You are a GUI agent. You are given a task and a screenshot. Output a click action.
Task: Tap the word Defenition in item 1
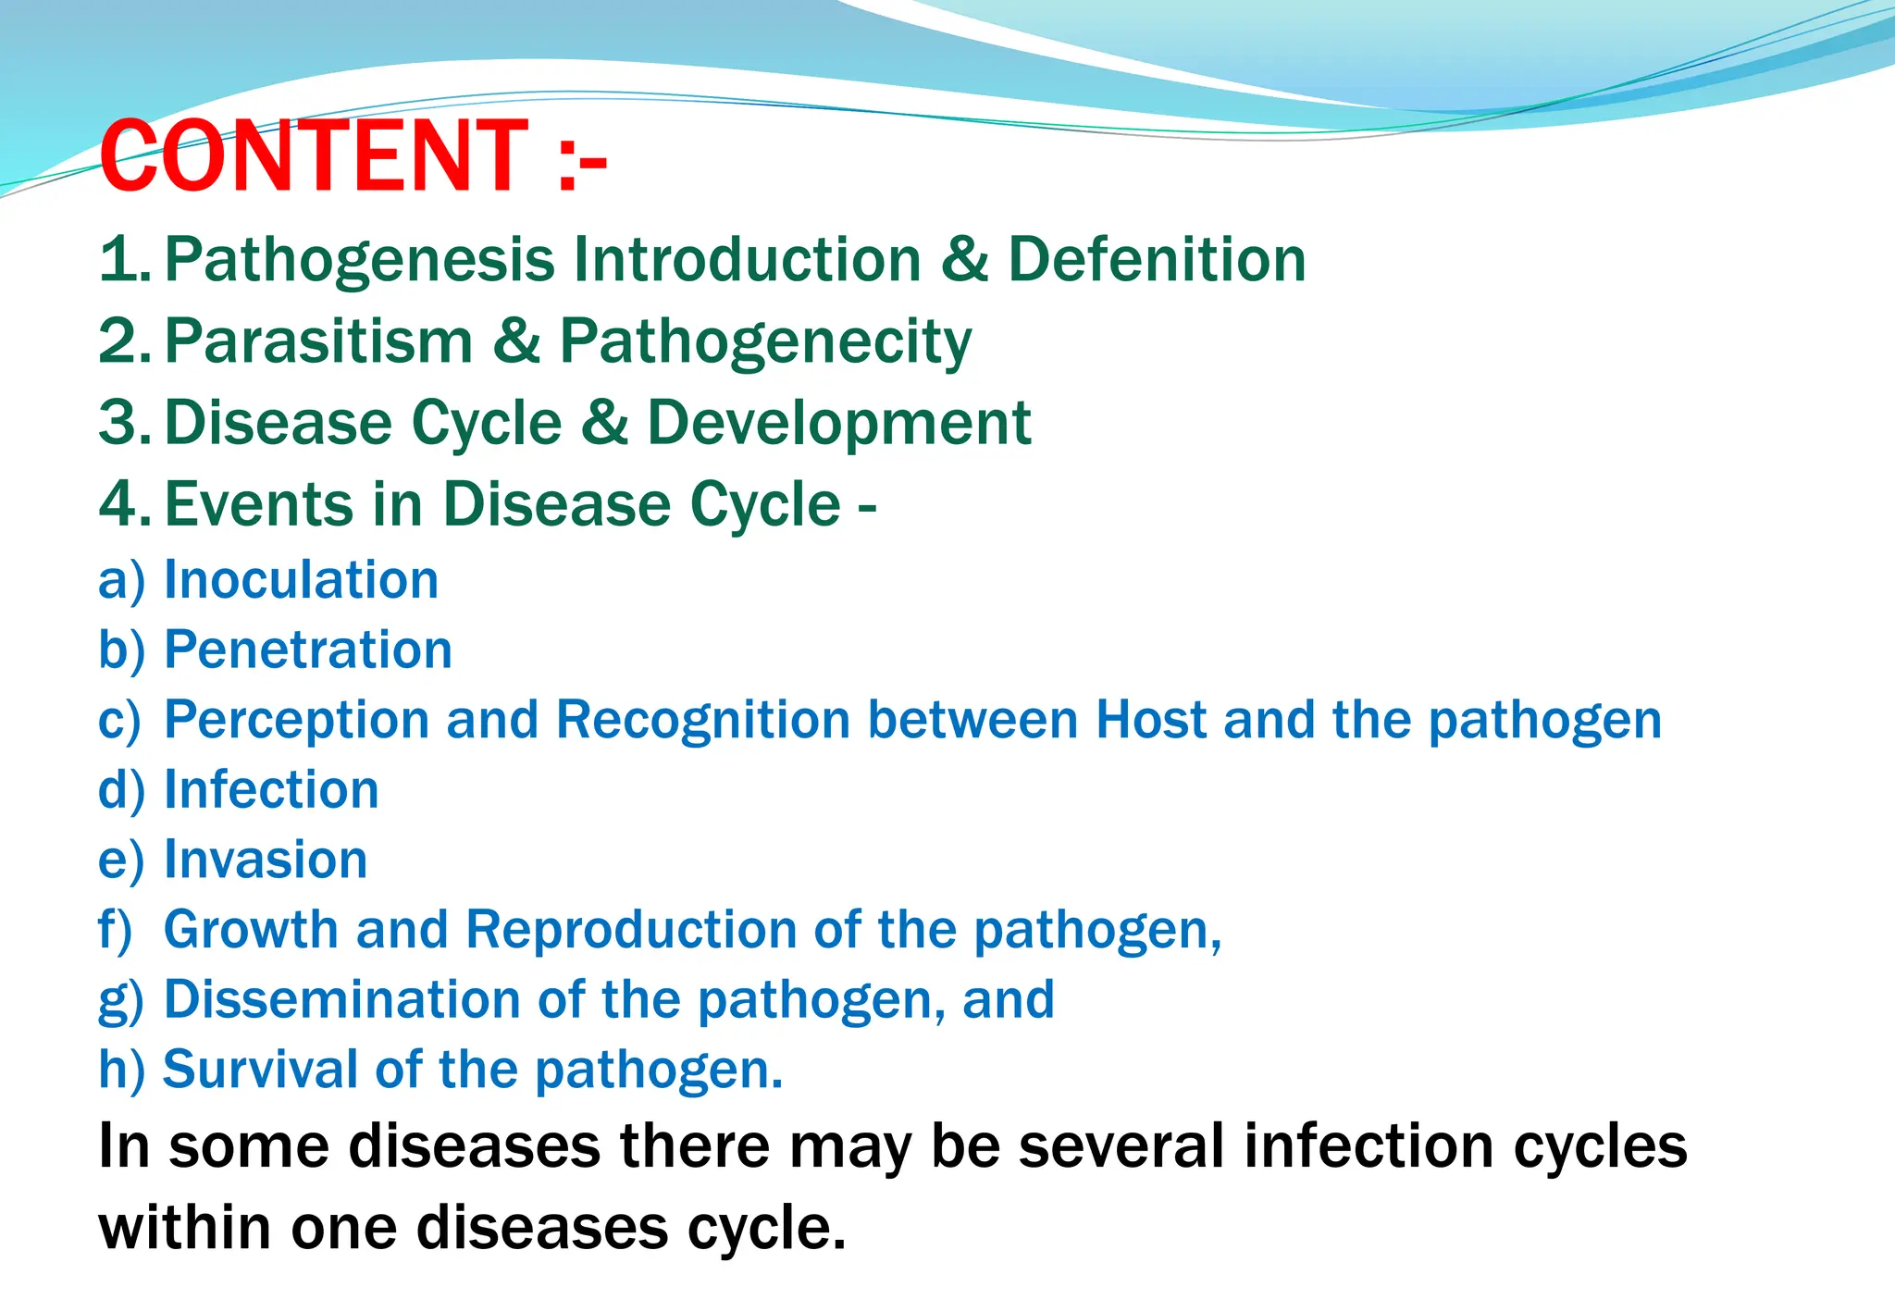1157,259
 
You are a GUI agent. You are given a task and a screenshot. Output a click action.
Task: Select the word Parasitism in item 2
319,340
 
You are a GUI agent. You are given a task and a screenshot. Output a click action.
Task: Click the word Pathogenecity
765,342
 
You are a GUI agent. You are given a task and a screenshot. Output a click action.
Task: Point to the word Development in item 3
838,424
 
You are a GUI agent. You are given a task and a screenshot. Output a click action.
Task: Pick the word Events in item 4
260,504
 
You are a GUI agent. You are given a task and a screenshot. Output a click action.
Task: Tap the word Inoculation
301,580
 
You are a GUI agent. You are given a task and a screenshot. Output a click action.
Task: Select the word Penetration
308,650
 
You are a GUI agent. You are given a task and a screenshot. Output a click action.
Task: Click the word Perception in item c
297,721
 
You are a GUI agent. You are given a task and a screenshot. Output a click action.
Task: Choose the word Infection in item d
271,790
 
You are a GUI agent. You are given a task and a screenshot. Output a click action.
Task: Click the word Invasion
266,860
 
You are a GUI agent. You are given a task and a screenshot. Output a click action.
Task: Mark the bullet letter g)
121,1001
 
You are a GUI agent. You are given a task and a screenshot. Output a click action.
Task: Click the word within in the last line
184,1228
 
